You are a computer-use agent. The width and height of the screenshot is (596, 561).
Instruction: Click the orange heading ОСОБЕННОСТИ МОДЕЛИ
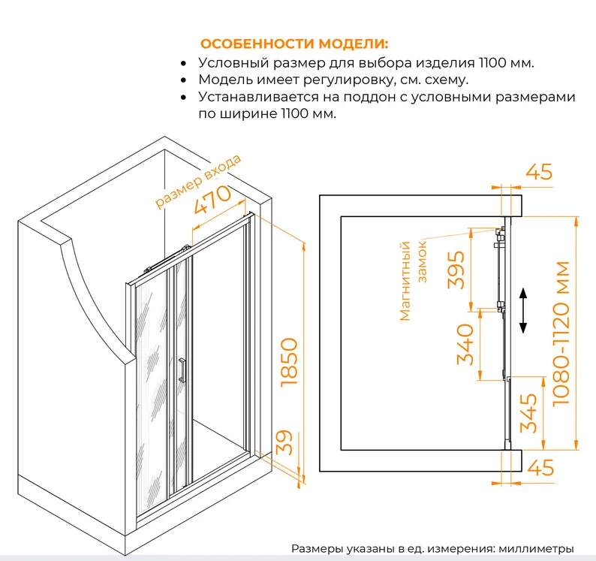click(x=294, y=44)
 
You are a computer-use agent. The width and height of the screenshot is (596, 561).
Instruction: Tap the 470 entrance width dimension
click(x=212, y=199)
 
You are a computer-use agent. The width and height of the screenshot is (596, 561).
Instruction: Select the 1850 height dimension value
click(x=289, y=363)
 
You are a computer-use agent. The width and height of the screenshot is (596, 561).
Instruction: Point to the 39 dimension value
click(x=284, y=442)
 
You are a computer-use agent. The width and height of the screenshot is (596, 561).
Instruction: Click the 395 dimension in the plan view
click(x=456, y=270)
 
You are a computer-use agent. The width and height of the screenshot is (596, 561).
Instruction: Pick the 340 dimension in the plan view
click(x=465, y=344)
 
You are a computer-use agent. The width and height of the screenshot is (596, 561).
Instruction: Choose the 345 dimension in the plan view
click(x=528, y=413)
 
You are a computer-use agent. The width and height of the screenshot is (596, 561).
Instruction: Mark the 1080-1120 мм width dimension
click(x=561, y=333)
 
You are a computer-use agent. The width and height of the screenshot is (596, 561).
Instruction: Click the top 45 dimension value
click(x=539, y=172)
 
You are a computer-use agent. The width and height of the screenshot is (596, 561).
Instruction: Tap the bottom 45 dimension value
click(x=540, y=467)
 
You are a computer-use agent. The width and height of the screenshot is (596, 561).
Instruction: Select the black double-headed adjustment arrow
click(x=523, y=311)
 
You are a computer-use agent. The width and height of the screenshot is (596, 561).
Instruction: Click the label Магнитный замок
click(x=414, y=281)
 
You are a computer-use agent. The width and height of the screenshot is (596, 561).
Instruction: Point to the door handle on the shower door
click(x=182, y=369)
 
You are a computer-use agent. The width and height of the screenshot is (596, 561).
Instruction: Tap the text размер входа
click(x=198, y=182)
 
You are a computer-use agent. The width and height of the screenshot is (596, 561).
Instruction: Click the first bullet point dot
click(x=184, y=64)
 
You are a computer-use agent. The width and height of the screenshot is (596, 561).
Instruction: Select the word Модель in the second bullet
click(x=225, y=80)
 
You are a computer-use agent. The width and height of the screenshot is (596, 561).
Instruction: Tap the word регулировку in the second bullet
click(x=346, y=80)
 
